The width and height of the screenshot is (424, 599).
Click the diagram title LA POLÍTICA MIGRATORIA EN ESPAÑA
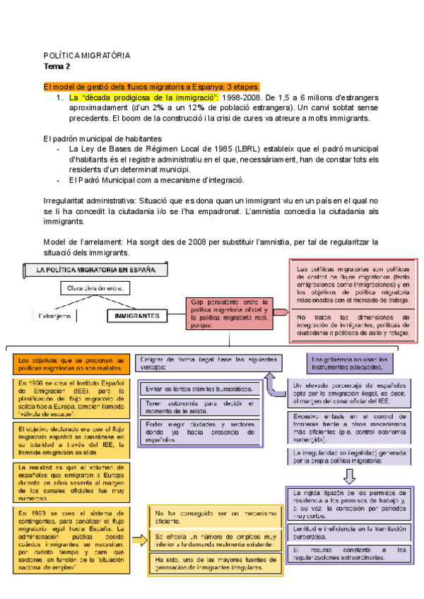point(97,269)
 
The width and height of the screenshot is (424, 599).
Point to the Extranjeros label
point(54,316)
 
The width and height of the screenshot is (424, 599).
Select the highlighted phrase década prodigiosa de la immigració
point(143,97)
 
